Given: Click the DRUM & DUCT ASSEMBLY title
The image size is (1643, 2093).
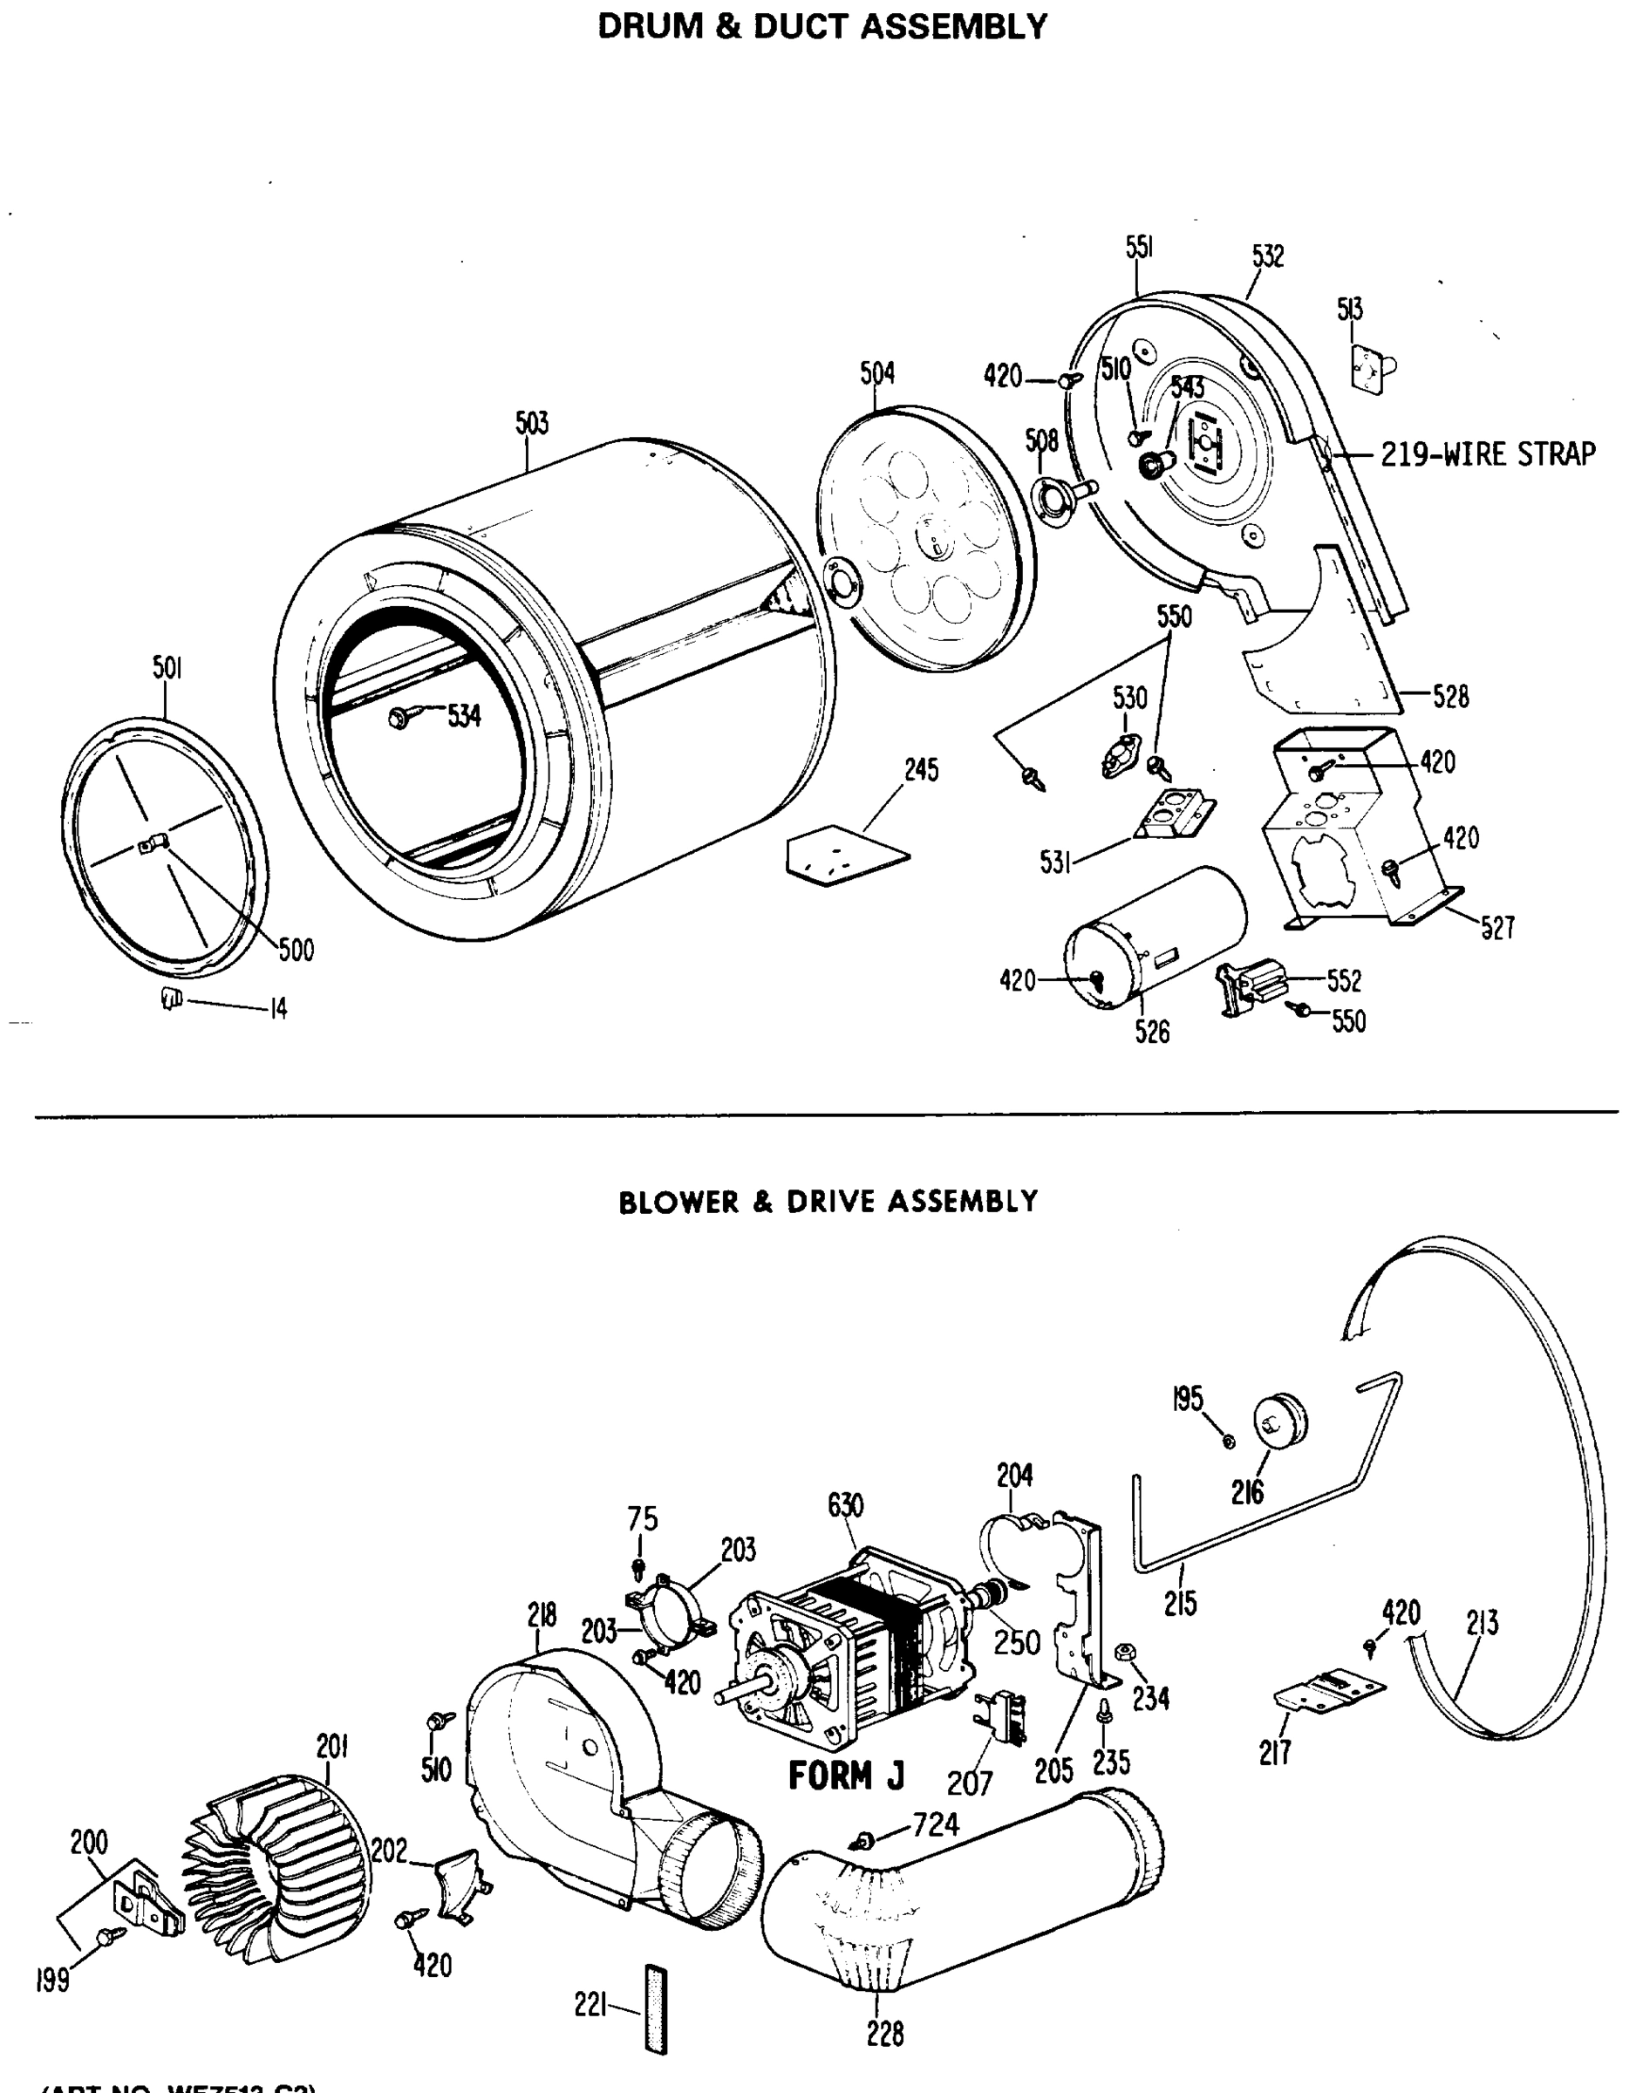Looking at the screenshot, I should pos(822,26).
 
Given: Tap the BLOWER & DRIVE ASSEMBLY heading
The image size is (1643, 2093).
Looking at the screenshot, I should pos(828,1203).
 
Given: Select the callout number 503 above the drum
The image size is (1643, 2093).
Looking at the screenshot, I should pos(531,423).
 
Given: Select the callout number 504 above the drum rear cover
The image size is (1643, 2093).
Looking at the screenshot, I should pos(876,373).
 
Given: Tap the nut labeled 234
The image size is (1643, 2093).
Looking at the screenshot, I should pos(1121,1653).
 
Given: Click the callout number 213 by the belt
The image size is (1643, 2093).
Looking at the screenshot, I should pos(1483,1624).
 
